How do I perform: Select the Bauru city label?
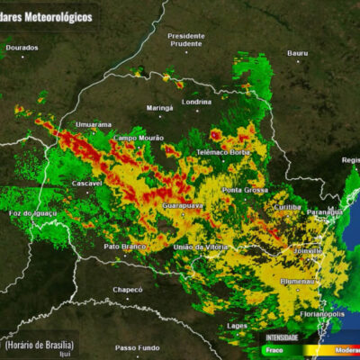tap(298, 53)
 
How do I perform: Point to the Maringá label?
tap(160, 107)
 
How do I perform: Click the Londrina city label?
tap(196, 102)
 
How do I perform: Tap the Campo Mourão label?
tap(138, 138)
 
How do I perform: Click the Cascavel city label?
tap(87, 183)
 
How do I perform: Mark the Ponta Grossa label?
tap(245, 190)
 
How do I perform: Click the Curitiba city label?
tap(288, 206)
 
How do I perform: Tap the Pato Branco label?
tap(124, 246)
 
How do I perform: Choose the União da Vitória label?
tap(202, 247)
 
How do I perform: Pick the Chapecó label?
tap(127, 289)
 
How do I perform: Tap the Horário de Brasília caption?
tap(39, 345)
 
